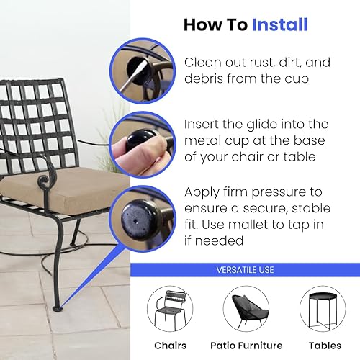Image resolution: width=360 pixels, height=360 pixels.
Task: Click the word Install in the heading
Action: [279, 24]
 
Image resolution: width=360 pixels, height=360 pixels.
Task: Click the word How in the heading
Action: [198, 24]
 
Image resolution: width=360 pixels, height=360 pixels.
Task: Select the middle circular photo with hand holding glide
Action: [141, 143]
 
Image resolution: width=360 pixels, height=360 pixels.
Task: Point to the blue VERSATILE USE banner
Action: [245, 270]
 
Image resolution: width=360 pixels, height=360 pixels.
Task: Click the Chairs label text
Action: [170, 345]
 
